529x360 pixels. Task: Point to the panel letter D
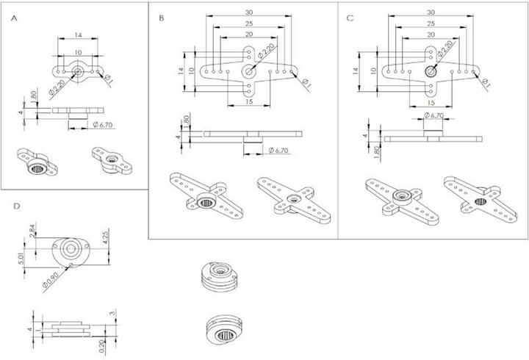pyautogui.click(x=16, y=206)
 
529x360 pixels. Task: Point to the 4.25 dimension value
pyautogui.click(x=106, y=239)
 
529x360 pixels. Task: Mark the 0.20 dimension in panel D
pyautogui.click(x=101, y=342)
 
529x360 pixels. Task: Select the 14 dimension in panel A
pyautogui.click(x=77, y=35)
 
